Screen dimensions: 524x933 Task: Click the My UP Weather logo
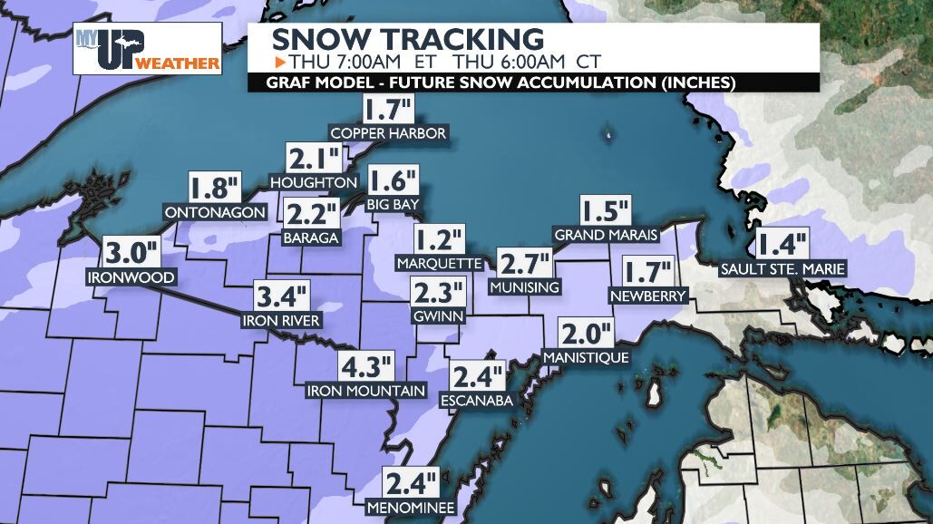147,48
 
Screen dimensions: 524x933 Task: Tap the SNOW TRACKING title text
408,40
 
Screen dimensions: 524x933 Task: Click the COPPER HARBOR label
388,134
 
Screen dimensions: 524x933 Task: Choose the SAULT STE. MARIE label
782,269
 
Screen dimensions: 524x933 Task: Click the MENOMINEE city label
411,507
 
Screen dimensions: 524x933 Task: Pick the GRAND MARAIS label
606,236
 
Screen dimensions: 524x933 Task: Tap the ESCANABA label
476,400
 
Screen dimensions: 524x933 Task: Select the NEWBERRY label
648,296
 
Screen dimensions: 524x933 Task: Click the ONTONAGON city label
215,213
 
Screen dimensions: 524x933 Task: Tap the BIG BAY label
394,205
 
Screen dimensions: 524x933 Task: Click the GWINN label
438,317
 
